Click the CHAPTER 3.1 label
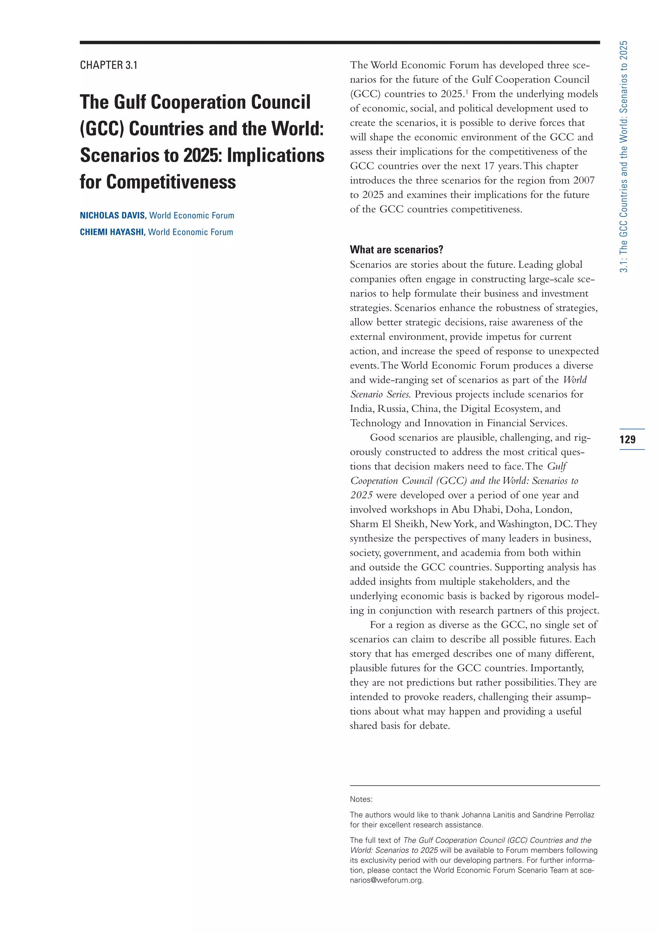(109, 65)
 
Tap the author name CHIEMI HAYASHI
(112, 232)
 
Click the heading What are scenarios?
(396, 249)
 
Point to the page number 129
(627, 439)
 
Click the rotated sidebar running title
(624, 157)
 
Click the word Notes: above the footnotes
(361, 799)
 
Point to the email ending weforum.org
(386, 880)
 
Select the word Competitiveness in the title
(171, 182)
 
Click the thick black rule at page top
(339, 42)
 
